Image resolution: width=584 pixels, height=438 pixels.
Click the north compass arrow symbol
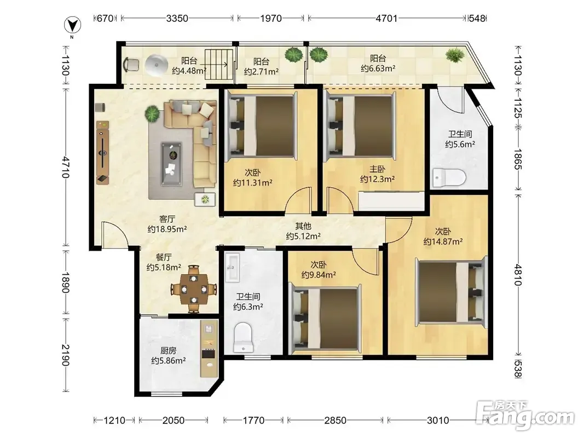click(72, 25)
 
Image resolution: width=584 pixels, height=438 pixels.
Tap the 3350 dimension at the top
click(177, 18)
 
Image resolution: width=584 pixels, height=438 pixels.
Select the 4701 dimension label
click(386, 18)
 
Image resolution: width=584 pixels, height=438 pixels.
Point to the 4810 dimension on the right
click(518, 274)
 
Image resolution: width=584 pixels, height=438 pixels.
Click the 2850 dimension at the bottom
click(335, 420)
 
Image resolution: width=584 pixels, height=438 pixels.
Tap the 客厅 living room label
click(167, 219)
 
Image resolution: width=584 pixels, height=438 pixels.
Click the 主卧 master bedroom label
click(377, 170)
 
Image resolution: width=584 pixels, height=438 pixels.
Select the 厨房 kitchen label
click(169, 350)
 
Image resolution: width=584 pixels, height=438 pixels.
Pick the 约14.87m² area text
click(443, 241)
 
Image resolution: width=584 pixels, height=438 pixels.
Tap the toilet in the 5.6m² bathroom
click(449, 177)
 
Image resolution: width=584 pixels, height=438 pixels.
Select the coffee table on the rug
click(171, 164)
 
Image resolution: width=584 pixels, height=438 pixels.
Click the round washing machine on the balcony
click(157, 66)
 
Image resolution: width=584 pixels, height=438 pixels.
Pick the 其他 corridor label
click(303, 226)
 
